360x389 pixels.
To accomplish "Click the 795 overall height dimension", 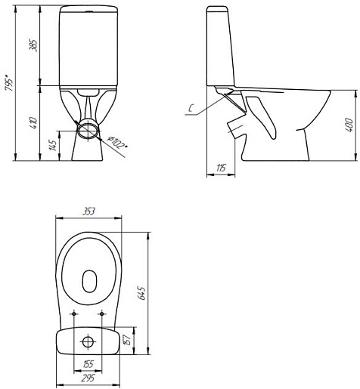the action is [9, 82].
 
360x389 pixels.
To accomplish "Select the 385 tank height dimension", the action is [33, 45].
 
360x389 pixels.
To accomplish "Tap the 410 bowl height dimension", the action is [33, 123].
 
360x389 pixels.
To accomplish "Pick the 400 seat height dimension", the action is [349, 125].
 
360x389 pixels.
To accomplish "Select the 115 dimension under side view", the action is [221, 168].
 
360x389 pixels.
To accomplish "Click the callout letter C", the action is [191, 108].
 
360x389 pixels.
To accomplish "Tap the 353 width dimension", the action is [88, 211].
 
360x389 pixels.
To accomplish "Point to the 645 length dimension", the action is [143, 293].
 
